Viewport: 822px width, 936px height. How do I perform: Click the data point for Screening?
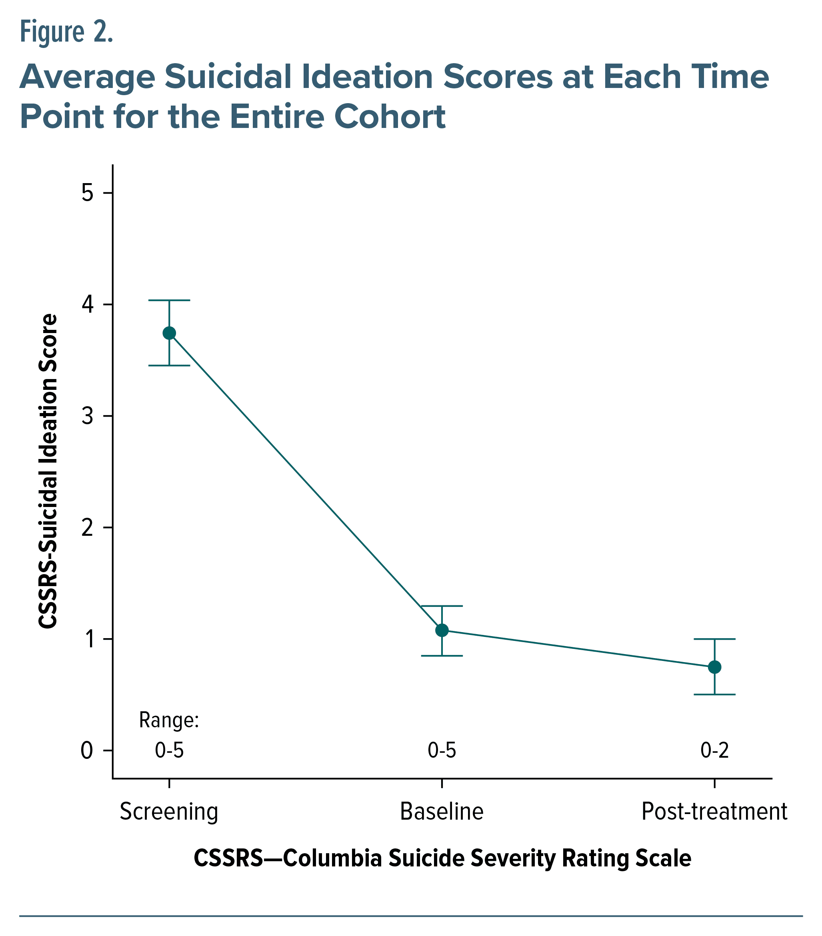[169, 333]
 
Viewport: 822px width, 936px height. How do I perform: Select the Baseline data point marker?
[442, 630]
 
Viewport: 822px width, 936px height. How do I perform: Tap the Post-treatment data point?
[714, 667]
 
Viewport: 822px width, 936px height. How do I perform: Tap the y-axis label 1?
[88, 639]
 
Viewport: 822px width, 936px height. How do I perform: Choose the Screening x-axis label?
[169, 811]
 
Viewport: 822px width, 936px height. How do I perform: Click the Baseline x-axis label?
[442, 811]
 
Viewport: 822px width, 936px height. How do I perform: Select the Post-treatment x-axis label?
[714, 811]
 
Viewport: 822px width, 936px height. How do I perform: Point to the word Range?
[169, 720]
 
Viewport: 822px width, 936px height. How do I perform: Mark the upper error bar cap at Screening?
[169, 300]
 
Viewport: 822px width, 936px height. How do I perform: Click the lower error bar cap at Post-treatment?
[714, 695]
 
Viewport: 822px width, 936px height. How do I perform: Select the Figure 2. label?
[66, 32]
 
